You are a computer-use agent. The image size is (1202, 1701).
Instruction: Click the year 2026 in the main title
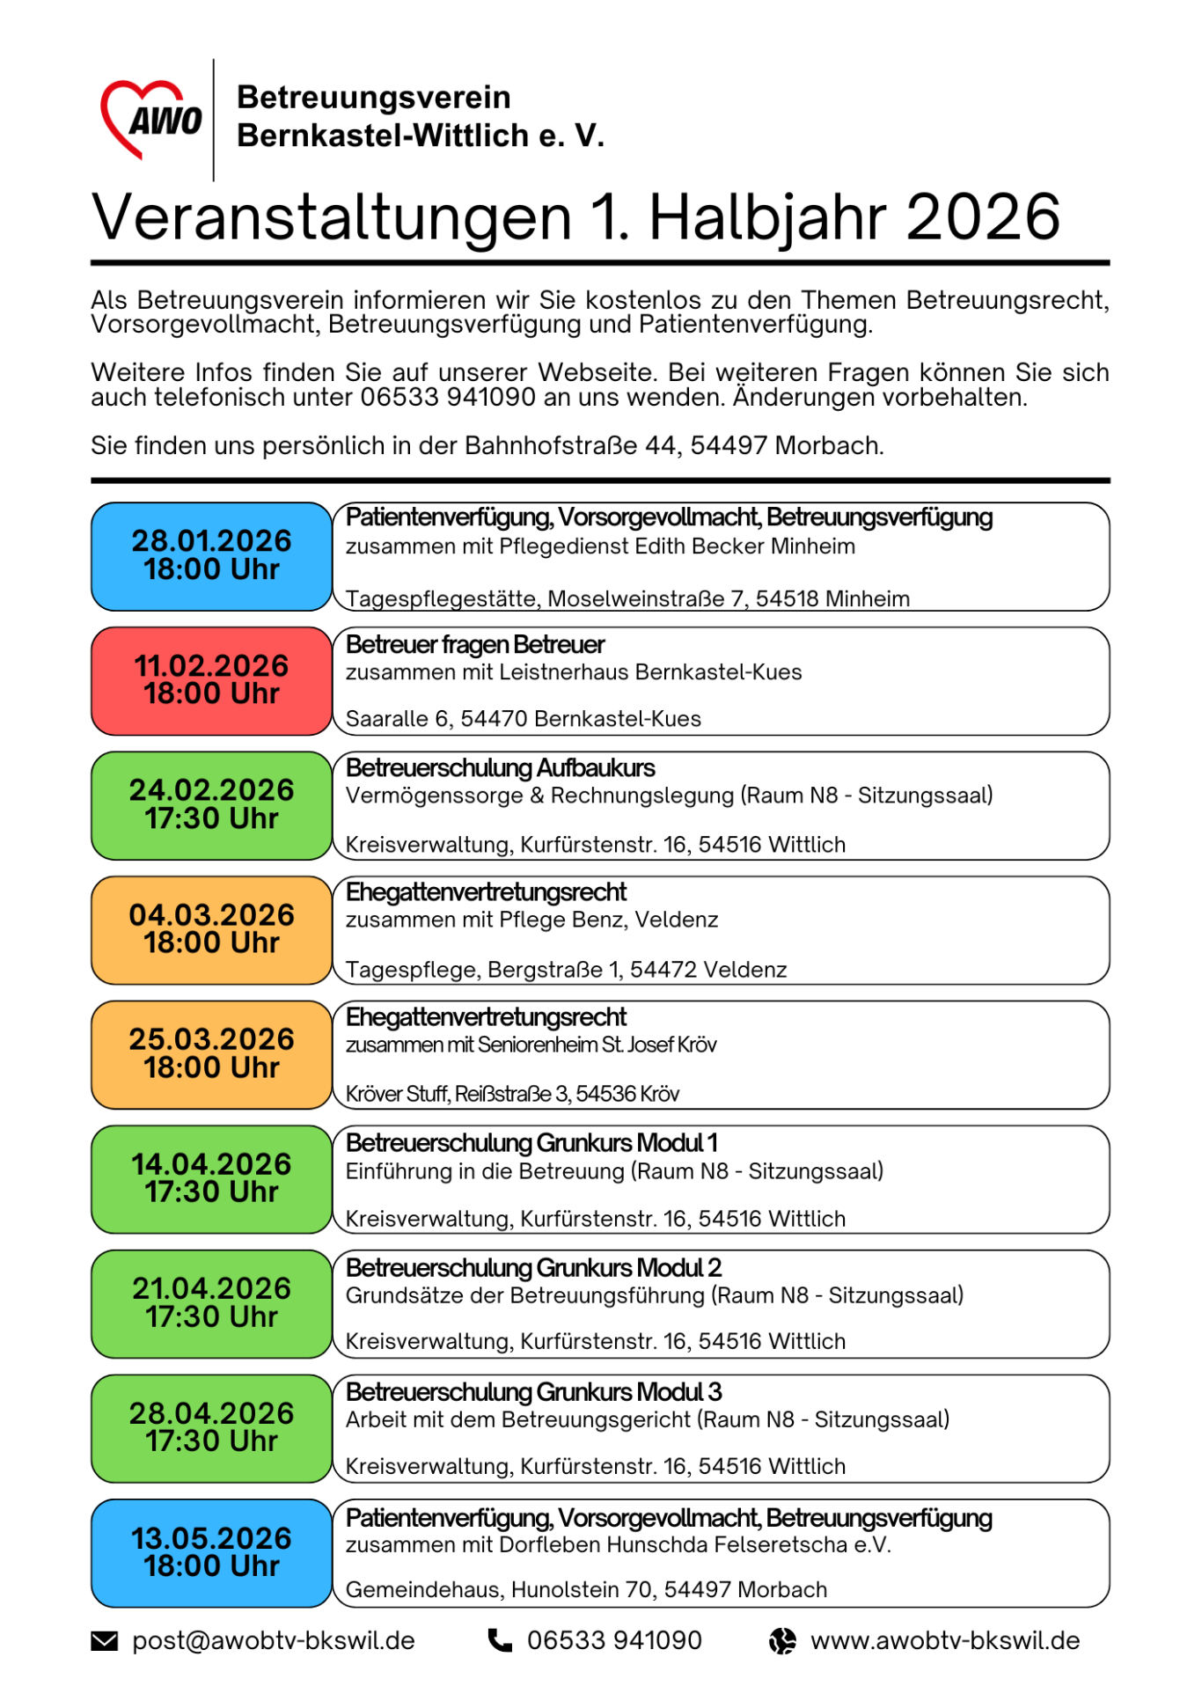click(982, 217)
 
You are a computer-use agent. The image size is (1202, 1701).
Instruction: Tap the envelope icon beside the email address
click(105, 1641)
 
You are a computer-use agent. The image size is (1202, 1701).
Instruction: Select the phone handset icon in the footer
click(500, 1641)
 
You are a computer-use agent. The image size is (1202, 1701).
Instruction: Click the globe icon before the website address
click(782, 1641)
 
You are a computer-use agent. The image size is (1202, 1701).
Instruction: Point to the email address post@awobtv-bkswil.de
click(274, 1641)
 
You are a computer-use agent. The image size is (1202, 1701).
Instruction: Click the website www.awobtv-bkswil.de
click(945, 1641)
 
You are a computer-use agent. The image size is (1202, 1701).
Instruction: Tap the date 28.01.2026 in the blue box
click(212, 540)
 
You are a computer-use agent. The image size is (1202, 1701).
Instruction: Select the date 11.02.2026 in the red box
click(212, 665)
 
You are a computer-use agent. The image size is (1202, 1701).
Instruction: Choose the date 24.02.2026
click(212, 790)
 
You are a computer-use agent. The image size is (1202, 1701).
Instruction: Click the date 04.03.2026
click(212, 915)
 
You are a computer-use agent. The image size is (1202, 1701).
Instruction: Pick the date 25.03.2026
click(212, 1039)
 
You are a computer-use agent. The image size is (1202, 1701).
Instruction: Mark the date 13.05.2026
click(212, 1538)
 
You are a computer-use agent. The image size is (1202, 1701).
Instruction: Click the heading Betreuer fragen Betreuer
click(475, 645)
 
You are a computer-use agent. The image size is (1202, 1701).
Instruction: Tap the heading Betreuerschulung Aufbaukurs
click(500, 768)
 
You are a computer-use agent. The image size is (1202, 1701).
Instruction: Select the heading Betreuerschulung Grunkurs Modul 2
click(533, 1268)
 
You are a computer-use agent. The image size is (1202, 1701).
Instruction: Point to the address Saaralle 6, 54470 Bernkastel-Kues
click(524, 719)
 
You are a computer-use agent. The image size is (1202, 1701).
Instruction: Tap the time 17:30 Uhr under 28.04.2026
click(212, 1441)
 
